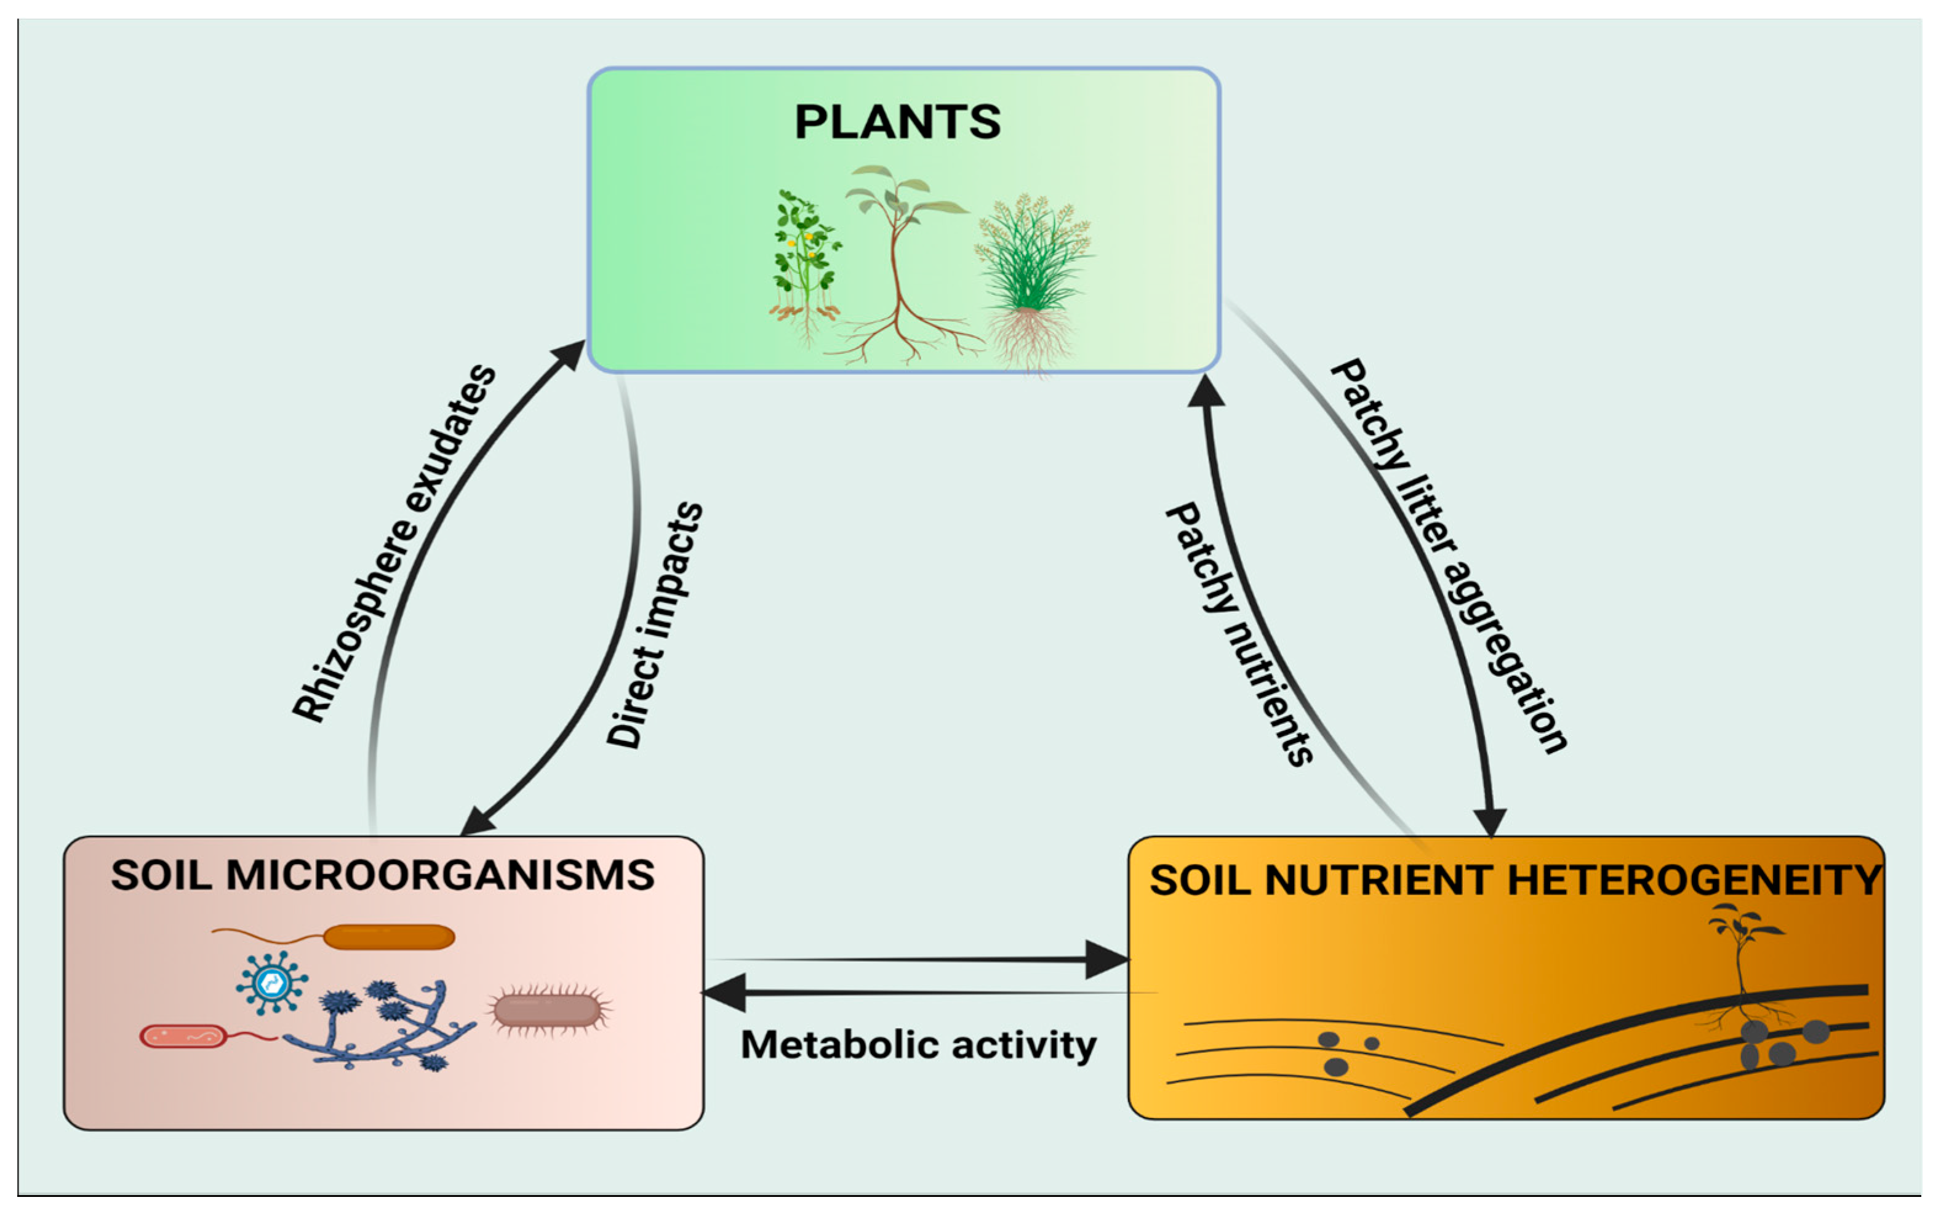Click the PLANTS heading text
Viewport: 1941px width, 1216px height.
[x=897, y=122]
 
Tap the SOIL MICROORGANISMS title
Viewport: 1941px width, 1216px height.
[x=383, y=875]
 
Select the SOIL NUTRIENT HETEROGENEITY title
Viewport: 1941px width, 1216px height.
[x=1515, y=880]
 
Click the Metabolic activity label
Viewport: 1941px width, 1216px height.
[x=918, y=1046]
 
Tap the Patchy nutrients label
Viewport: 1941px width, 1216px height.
[x=1238, y=634]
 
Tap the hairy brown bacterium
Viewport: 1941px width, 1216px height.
[x=548, y=1010]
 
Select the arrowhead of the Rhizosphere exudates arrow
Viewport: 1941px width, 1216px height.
[x=569, y=354]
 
